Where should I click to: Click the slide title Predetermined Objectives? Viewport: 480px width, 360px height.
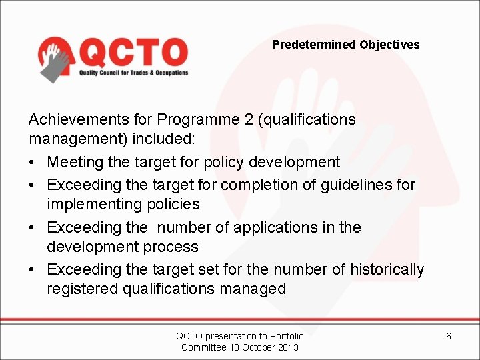coord(345,45)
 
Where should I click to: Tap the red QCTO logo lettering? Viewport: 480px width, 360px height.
coord(134,51)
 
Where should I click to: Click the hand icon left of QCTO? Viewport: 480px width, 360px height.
coord(55,59)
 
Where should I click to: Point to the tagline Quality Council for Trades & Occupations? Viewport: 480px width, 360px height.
coord(134,73)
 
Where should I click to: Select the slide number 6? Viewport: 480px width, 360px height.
coord(448,336)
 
